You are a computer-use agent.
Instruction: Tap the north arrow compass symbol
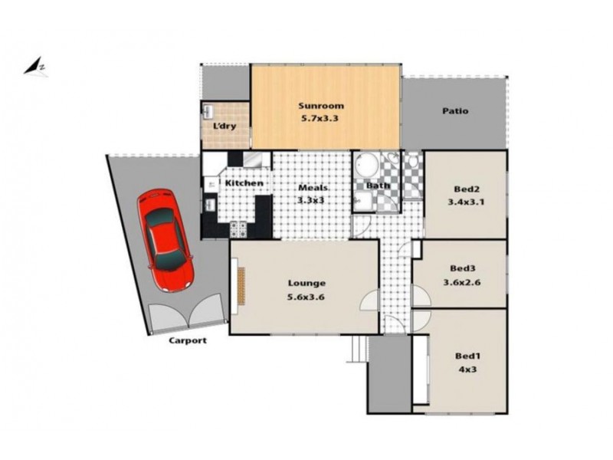(x=35, y=67)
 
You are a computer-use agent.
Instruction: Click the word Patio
(x=455, y=111)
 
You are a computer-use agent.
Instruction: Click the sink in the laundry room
(x=208, y=111)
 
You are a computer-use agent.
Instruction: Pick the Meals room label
(x=313, y=188)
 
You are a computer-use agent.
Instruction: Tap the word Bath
(x=378, y=186)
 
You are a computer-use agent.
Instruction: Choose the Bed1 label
(x=467, y=357)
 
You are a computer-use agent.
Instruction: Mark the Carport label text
(x=188, y=341)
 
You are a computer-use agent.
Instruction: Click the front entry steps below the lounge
(x=356, y=351)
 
